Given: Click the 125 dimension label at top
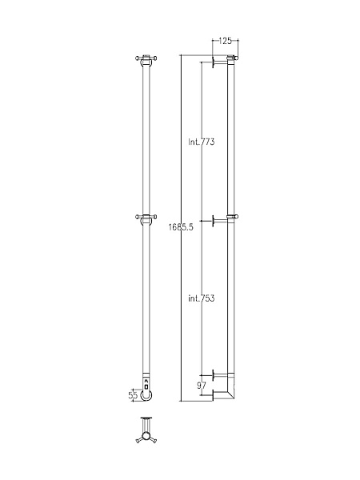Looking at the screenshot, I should (x=226, y=40).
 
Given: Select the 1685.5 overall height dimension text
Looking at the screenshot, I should (x=181, y=228).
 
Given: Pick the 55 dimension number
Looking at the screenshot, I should (x=134, y=394).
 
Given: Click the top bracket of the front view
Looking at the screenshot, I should (x=146, y=58).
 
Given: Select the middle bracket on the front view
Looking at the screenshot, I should (x=146, y=216).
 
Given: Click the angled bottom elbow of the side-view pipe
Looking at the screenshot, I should (x=230, y=392).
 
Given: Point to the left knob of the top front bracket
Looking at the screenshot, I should (x=137, y=57).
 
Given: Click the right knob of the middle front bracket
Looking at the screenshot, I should (x=155, y=215).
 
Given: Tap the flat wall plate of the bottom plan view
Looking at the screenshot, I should (x=146, y=418).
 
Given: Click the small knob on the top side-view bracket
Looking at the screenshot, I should (x=237, y=57).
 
